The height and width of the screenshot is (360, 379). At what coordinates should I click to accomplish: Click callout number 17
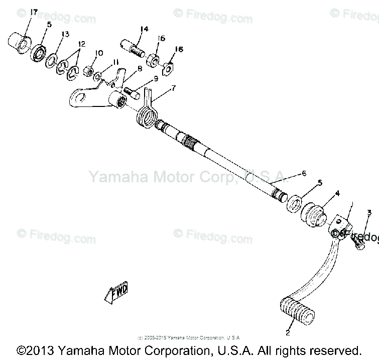[x=20, y=12]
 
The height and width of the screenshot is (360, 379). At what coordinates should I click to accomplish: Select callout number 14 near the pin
[x=144, y=29]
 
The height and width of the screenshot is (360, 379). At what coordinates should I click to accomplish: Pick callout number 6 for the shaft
[x=303, y=174]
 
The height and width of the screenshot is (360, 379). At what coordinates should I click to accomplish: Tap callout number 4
[x=337, y=192]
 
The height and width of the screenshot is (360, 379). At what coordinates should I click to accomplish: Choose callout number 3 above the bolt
[x=369, y=213]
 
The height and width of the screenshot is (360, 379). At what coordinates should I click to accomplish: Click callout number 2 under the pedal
[x=288, y=332]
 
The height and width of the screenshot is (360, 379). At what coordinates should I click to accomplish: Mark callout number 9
[x=156, y=78]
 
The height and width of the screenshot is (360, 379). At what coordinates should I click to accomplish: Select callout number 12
[x=82, y=44]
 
